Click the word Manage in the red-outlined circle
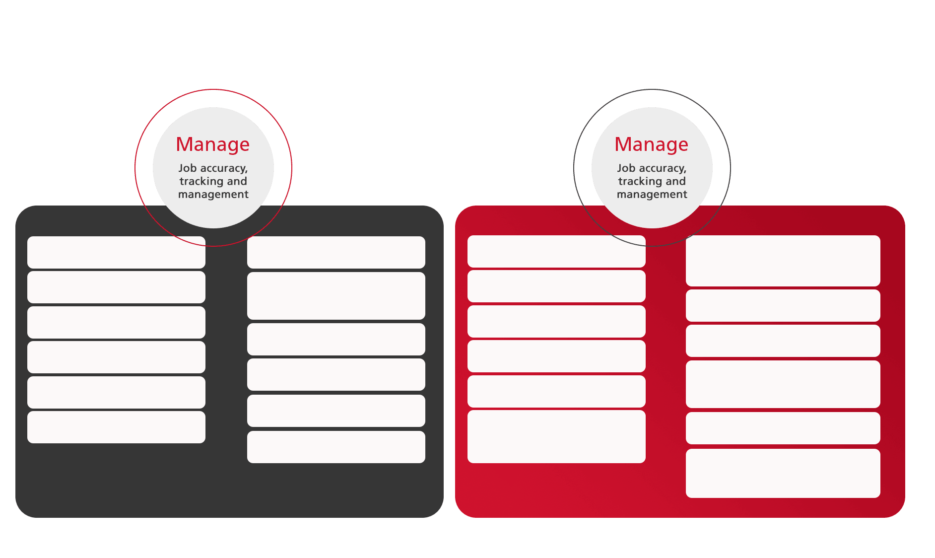point(213,144)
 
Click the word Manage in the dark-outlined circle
point(652,144)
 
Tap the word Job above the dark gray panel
point(188,168)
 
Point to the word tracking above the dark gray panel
point(201,182)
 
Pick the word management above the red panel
point(652,195)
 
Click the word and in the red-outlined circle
point(237,181)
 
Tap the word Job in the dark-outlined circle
point(626,168)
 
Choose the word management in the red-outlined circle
point(213,195)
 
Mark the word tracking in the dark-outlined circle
point(640,182)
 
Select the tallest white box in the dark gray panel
point(336,296)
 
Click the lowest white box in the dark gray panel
point(336,447)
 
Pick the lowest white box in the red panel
point(783,474)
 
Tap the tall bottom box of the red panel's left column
point(556,437)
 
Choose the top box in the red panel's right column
point(783,261)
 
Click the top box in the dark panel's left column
point(116,253)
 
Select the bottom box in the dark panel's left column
point(116,427)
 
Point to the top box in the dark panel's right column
point(336,253)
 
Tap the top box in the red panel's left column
point(556,252)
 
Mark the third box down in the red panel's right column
point(783,341)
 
